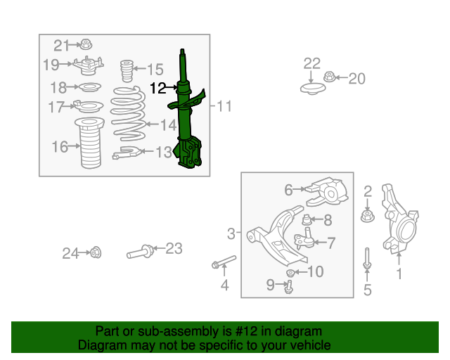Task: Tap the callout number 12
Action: pos(158,88)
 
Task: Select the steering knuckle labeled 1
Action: pos(399,218)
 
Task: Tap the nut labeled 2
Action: pos(366,214)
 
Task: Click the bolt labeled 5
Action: pos(366,261)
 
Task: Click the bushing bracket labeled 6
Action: pos(329,192)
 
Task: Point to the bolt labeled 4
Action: pos(222,263)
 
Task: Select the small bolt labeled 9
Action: pos(288,285)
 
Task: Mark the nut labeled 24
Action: pos(96,252)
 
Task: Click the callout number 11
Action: pos(224,107)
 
